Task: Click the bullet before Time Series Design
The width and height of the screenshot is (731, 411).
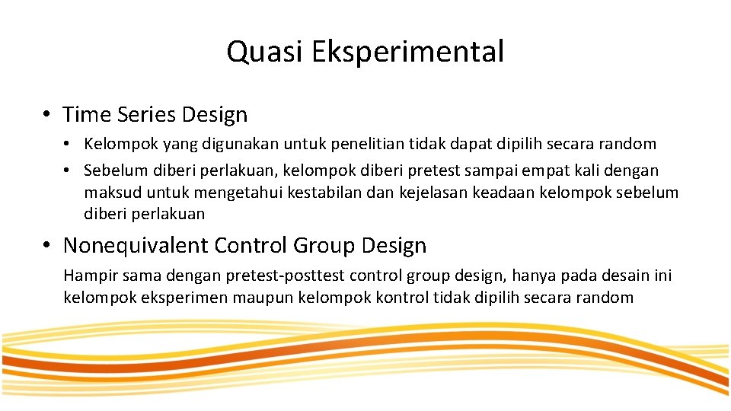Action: [x=47, y=115]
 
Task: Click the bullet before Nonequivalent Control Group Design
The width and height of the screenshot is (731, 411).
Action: [x=47, y=246]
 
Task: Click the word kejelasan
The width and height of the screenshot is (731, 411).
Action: [x=433, y=192]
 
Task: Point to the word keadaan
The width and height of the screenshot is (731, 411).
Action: [x=504, y=192]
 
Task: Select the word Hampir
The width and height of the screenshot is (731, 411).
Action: [x=87, y=276]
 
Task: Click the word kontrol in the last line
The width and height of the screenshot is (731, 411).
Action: [x=401, y=298]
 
